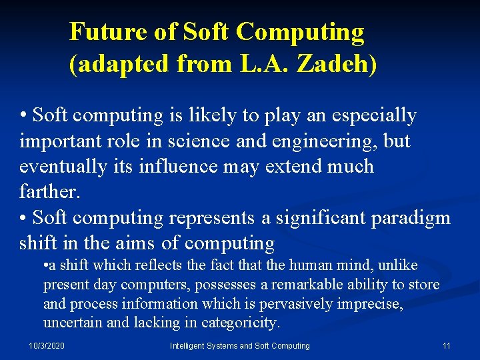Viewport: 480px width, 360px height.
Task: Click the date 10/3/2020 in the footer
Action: pyautogui.click(x=47, y=346)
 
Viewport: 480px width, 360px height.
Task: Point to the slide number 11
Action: pyautogui.click(x=446, y=346)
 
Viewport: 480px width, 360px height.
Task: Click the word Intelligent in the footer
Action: pyautogui.click(x=192, y=346)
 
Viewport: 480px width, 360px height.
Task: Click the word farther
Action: pyautogui.click(x=50, y=192)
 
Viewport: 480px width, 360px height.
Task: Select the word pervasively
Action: pyautogui.click(x=300, y=304)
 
